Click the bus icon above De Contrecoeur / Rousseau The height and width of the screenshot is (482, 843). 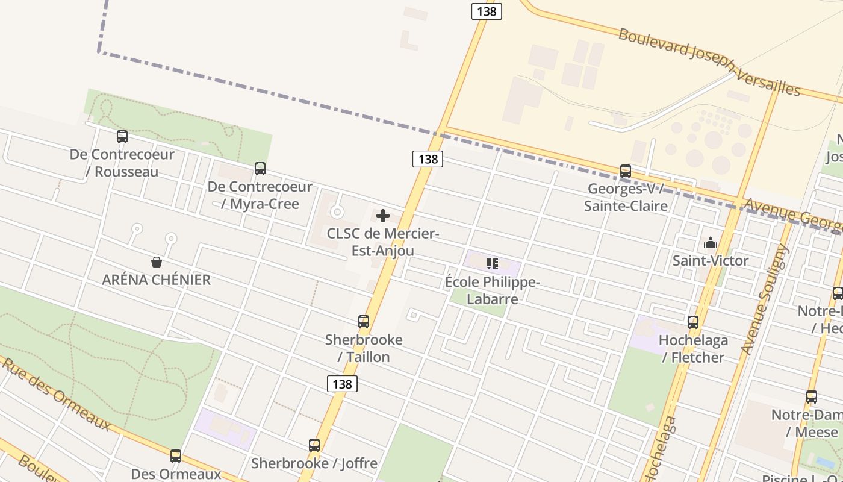coord(122,137)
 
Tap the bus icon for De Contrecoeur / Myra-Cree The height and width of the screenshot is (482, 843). coord(260,169)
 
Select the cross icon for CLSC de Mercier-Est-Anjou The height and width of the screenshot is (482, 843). coord(383,216)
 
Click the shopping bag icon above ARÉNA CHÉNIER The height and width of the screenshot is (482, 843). coord(157,262)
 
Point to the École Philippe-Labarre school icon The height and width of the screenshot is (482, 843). coord(493,263)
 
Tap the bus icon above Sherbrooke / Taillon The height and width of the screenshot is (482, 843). coord(364,322)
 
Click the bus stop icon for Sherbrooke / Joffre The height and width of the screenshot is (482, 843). coord(314,445)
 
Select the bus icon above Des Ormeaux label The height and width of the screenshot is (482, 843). coord(176,456)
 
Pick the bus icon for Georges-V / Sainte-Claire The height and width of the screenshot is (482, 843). coord(626,171)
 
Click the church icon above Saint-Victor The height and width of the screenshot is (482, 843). coord(711,243)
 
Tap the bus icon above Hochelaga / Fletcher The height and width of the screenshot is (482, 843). coord(693,322)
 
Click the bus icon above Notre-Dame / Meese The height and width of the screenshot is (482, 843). coord(812,397)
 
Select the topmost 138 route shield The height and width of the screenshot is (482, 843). coord(487,11)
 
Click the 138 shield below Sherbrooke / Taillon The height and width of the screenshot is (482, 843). coord(342,384)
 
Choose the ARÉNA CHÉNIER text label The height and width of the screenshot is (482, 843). coord(157,280)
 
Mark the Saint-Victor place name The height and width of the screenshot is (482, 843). coord(711,261)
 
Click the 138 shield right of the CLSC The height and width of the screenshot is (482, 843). coord(428,159)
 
